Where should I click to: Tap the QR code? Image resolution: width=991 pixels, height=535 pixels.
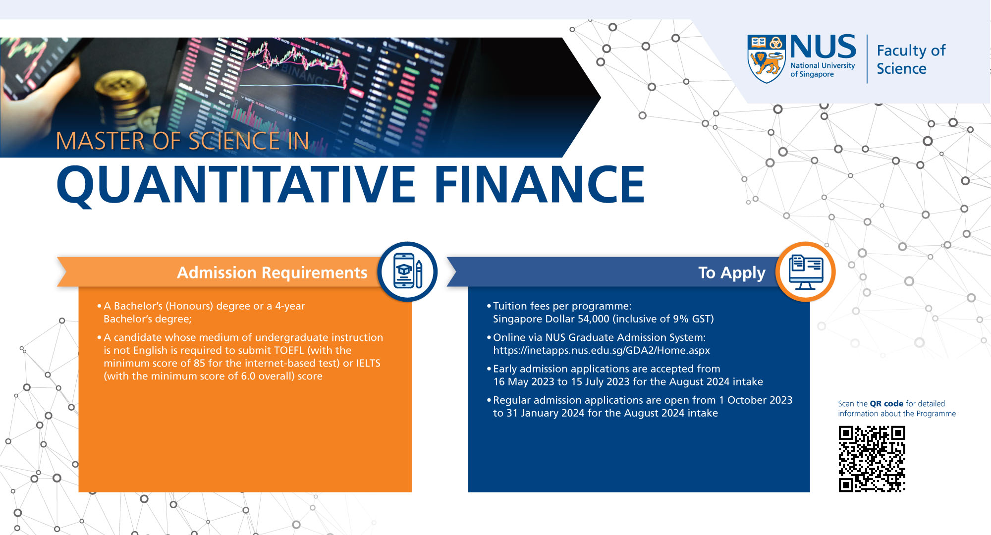pyautogui.click(x=872, y=459)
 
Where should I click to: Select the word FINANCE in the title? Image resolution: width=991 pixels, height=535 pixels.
pyautogui.click(x=540, y=184)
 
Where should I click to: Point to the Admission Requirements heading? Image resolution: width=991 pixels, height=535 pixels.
pyautogui.click(x=272, y=272)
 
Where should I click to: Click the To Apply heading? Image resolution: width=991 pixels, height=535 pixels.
pyautogui.click(x=732, y=272)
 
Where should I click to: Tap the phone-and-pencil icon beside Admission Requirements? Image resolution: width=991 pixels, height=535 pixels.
pyautogui.click(x=407, y=271)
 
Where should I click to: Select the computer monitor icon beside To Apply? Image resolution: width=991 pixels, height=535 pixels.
pyautogui.click(x=806, y=271)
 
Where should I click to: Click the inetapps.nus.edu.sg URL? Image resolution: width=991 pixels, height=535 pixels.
pyautogui.click(x=602, y=350)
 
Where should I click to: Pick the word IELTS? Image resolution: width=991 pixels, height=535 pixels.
pyautogui.click(x=368, y=363)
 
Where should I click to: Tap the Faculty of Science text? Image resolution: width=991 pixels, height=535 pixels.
pyautogui.click(x=911, y=59)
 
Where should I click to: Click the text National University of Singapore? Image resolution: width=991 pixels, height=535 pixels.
pyautogui.click(x=823, y=70)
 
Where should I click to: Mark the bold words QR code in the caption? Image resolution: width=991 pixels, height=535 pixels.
pyautogui.click(x=886, y=404)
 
